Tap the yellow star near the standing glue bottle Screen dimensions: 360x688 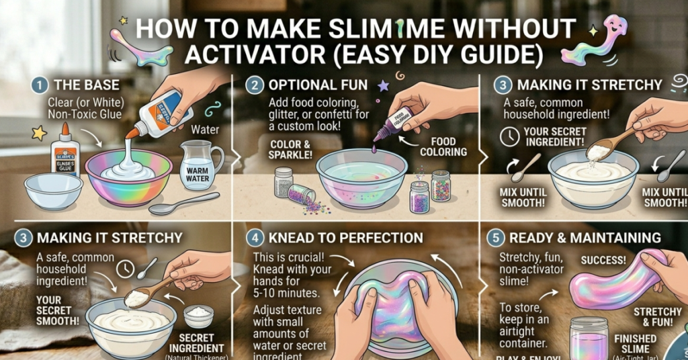[39, 133]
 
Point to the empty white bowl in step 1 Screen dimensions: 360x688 [53, 190]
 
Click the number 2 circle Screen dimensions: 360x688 [253, 85]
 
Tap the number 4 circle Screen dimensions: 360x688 [253, 238]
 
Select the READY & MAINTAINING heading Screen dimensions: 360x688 [585, 238]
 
